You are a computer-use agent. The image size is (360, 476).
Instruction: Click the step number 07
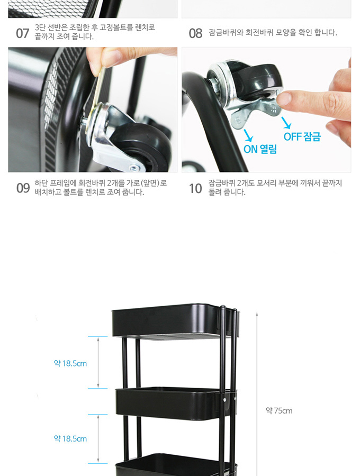pos(22,33)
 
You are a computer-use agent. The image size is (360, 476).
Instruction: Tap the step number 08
pos(195,33)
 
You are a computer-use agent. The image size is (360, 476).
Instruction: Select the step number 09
pos(23,188)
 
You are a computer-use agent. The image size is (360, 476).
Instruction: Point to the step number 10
pos(195,188)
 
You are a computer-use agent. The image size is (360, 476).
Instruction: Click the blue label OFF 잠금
pos(302,136)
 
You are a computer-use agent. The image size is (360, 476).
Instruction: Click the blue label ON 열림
pos(260,149)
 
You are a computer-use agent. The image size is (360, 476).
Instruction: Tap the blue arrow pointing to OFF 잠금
pos(286,123)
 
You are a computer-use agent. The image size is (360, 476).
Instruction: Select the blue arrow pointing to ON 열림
pos(248,135)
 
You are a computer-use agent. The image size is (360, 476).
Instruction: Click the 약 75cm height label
pos(279,411)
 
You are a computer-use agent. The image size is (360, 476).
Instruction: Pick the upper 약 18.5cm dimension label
pos(70,363)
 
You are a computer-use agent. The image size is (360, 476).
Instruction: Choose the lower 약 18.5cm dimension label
pos(70,438)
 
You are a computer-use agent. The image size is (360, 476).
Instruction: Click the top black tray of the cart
pos(175,321)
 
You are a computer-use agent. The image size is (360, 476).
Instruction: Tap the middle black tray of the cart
pos(176,404)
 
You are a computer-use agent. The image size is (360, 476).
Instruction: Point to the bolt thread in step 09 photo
pos(84,122)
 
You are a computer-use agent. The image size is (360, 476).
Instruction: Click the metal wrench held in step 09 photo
pos(98,91)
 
